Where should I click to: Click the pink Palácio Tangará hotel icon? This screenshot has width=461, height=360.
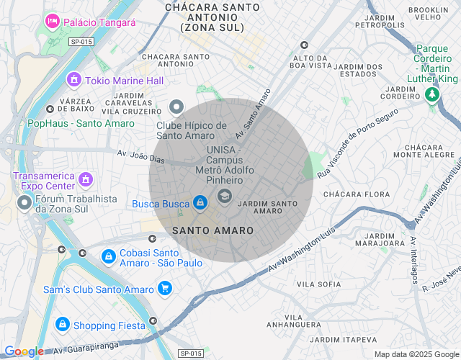52,22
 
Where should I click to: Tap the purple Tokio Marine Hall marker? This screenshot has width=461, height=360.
73,80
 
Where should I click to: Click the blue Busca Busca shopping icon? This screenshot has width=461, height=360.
200,204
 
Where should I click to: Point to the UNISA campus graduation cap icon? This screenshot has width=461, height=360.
225,196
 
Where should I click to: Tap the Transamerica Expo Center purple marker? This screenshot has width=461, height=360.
86,178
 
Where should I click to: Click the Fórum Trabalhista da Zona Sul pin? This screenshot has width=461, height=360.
24,203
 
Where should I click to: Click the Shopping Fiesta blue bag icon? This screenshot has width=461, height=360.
63,325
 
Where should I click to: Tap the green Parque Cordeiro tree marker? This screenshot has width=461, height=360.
432,94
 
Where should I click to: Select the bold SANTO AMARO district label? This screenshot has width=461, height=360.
213,230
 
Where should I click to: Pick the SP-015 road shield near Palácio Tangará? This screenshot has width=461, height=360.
81,42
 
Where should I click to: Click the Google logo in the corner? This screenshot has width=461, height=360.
24,352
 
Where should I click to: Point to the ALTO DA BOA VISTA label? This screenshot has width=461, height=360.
310,61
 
